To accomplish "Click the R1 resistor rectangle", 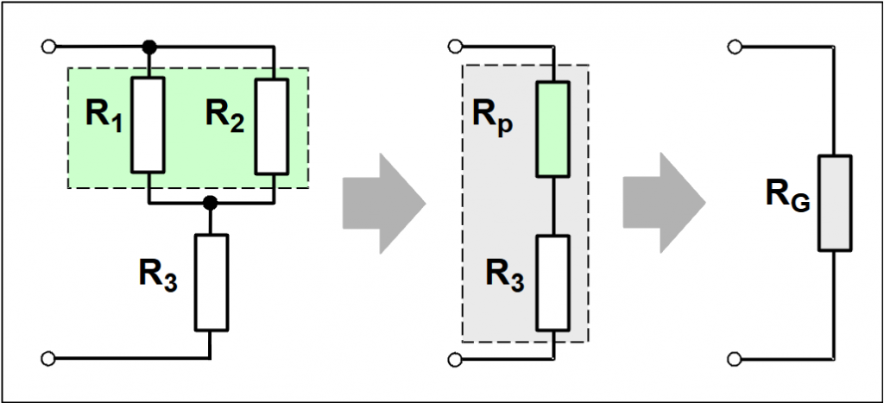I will coord(148,124).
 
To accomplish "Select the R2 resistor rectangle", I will coord(272,124).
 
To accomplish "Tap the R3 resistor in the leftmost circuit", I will coord(211,282).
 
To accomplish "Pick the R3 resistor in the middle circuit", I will coord(553,282).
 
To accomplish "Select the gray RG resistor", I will coord(835,204).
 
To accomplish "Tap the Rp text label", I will coord(492,117).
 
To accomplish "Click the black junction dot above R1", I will coord(148,46).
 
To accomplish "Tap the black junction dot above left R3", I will coord(210,204).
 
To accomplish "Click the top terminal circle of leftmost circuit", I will coord(48,46).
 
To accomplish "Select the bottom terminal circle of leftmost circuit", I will coord(48,357).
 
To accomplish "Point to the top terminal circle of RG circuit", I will coord(734,46).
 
